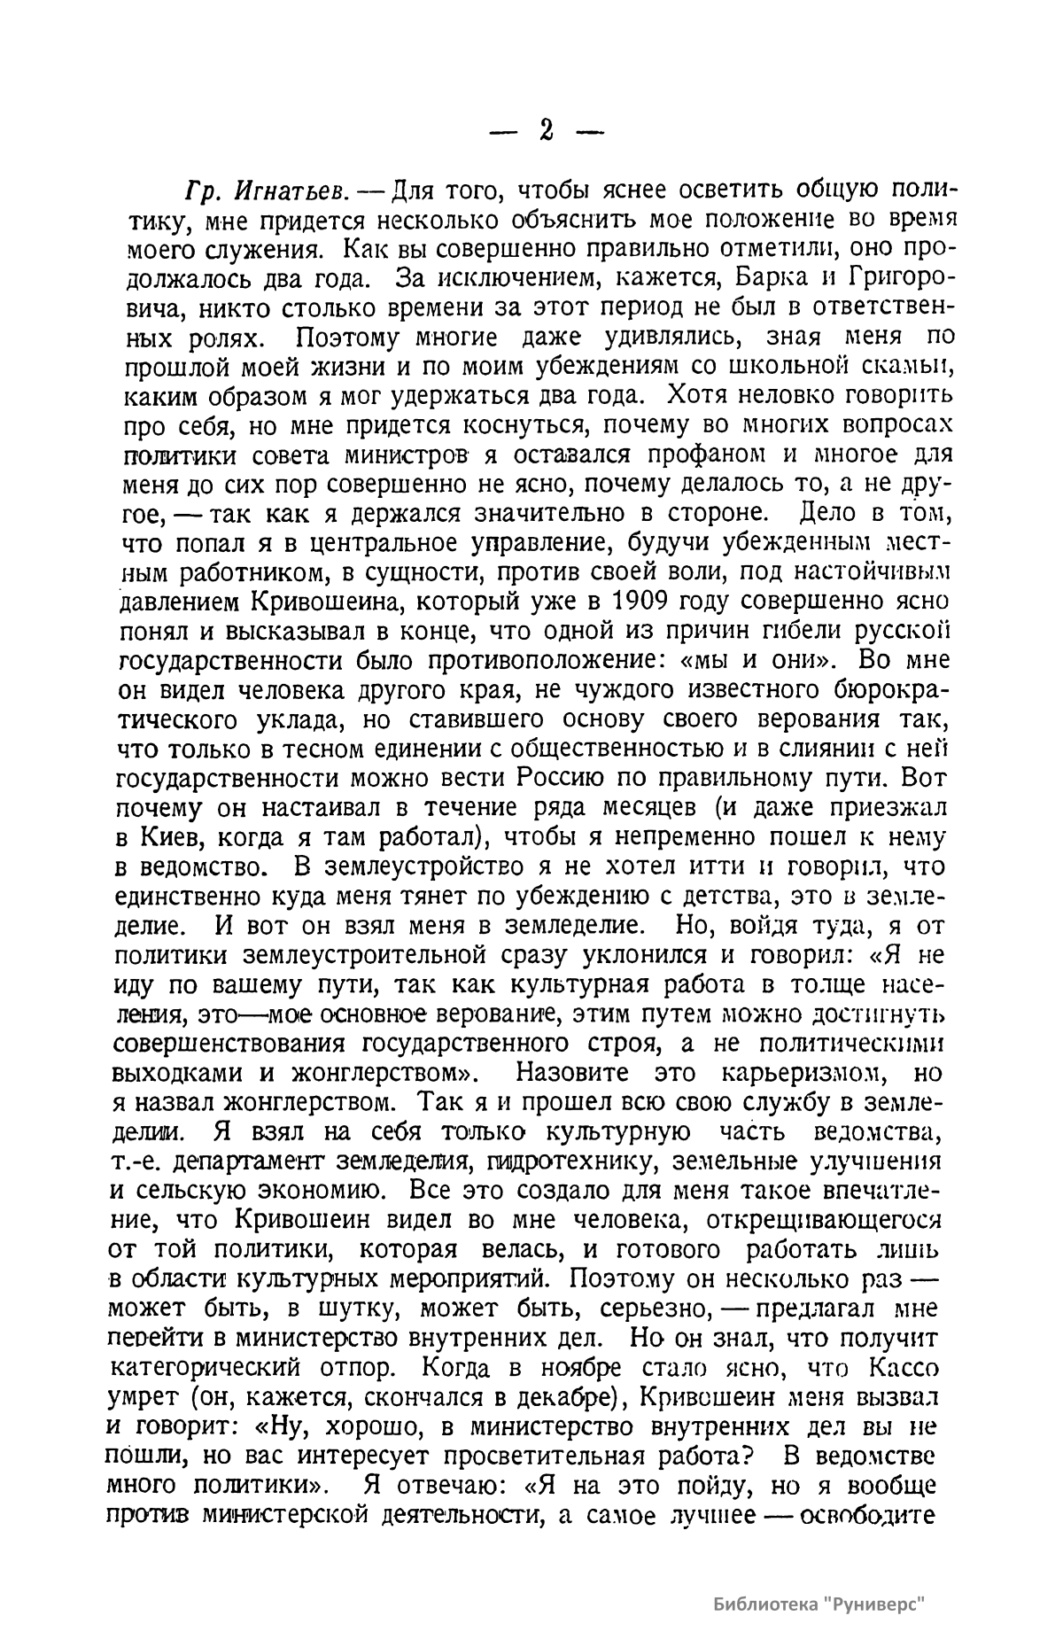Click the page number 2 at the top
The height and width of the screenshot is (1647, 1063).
click(546, 130)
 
